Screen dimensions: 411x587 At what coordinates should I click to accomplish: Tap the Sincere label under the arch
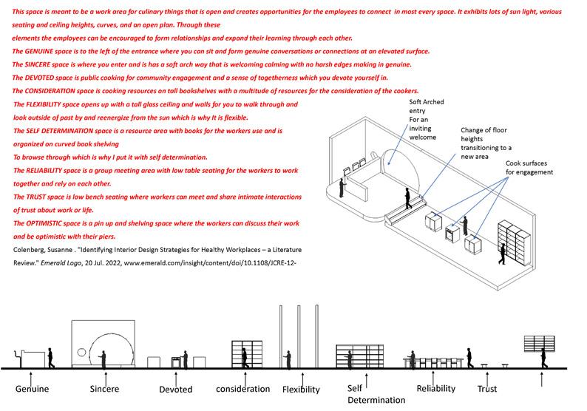tap(104, 388)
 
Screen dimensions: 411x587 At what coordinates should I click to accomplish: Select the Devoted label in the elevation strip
tap(175, 390)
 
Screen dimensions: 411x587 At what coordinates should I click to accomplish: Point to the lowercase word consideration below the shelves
tap(242, 389)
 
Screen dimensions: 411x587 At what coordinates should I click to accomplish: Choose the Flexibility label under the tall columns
tap(301, 390)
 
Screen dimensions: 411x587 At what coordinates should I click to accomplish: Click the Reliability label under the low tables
tap(436, 388)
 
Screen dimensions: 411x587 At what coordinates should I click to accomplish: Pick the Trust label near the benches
tap(487, 389)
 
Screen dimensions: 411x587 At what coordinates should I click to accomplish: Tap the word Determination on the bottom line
tap(377, 400)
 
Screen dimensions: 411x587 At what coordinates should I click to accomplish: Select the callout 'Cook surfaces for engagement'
tap(529, 167)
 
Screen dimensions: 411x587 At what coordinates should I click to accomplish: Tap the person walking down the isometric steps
tap(407, 198)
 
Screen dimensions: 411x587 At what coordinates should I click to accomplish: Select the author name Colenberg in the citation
tap(33, 249)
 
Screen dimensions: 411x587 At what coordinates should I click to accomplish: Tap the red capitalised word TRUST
tap(35, 197)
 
